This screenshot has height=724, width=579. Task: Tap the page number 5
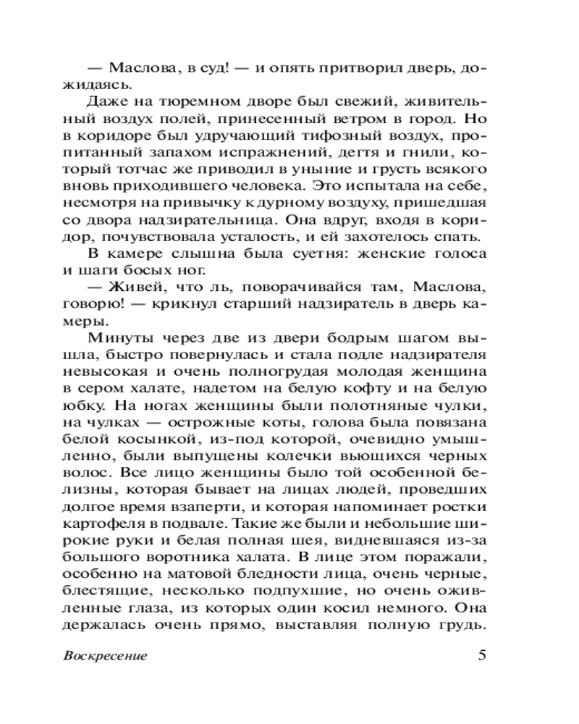tap(483, 655)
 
